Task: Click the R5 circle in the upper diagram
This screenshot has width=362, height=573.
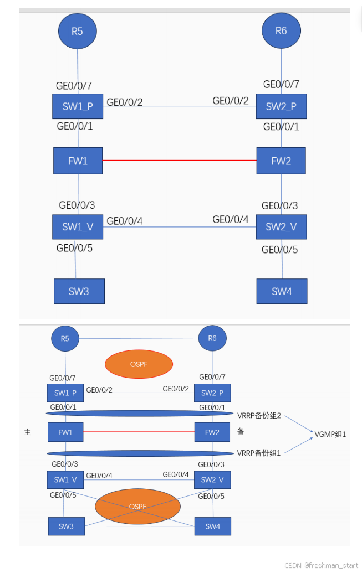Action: [77, 31]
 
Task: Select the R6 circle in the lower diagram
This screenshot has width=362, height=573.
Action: [212, 338]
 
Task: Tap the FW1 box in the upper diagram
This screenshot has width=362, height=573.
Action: [78, 161]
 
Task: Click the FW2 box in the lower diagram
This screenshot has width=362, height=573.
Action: [212, 432]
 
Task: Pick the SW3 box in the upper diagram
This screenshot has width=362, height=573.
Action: [79, 291]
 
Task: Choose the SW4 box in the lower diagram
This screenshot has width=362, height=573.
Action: [212, 526]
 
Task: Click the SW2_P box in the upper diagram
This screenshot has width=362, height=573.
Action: [281, 106]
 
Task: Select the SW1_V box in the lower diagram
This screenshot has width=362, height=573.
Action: [65, 479]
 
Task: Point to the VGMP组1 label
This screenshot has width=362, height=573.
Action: [330, 435]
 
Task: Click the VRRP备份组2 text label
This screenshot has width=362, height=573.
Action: [259, 415]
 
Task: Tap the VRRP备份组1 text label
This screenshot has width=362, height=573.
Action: [259, 452]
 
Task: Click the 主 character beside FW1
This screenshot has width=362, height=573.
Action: [28, 432]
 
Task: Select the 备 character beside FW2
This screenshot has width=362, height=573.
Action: [241, 431]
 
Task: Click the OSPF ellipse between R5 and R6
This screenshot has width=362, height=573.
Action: [139, 364]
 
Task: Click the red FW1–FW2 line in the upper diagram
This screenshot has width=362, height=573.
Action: [179, 161]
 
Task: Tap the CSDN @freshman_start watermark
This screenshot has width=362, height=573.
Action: [321, 565]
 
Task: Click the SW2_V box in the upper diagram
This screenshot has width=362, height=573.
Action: [281, 227]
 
